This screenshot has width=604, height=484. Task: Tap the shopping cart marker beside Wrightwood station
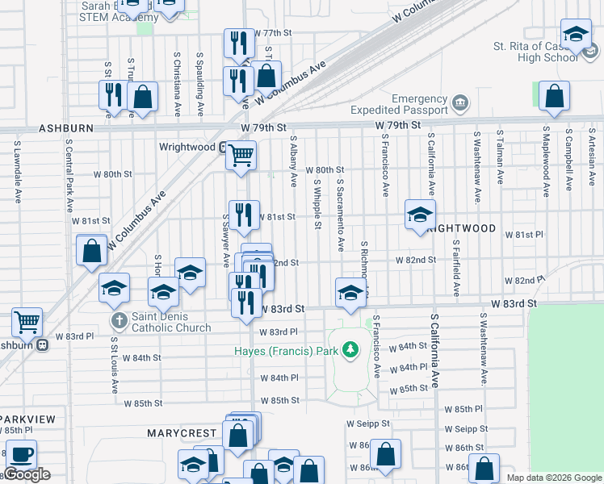[241, 155]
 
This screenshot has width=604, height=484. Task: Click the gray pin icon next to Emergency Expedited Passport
[460, 103]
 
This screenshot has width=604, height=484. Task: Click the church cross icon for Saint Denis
[119, 321]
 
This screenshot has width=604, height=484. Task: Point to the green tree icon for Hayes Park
[350, 350]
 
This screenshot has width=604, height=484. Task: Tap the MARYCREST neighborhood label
[182, 433]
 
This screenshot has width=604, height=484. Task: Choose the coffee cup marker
[21, 454]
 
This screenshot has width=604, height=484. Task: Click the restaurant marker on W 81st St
[244, 215]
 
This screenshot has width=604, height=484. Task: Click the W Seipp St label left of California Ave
[368, 423]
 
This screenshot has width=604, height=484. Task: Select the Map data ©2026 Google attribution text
[554, 478]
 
